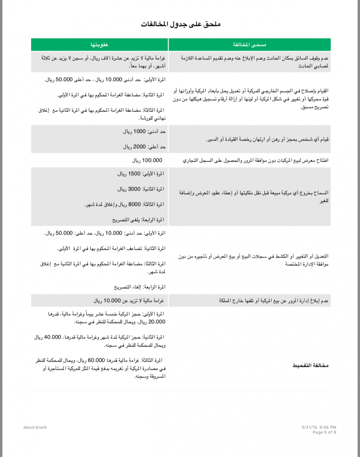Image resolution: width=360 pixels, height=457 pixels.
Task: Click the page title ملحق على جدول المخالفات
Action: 181,24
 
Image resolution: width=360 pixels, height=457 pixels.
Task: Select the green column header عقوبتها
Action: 99,45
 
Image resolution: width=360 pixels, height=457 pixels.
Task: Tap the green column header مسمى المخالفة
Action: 249,45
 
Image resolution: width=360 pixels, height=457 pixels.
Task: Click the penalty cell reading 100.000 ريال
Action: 147,160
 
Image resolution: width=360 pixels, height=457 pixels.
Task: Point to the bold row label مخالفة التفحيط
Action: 310,366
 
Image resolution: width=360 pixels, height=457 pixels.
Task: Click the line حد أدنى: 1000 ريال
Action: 144,131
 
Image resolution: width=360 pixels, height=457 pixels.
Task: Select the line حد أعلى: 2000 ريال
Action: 144,147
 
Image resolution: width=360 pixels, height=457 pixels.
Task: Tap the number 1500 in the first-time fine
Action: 134,174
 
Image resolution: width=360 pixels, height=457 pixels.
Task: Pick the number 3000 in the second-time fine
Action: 134,189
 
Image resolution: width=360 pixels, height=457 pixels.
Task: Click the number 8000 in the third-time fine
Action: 135,204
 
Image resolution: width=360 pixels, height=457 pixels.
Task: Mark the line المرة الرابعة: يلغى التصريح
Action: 138,219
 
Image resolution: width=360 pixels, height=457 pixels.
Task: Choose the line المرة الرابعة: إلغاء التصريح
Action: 140,287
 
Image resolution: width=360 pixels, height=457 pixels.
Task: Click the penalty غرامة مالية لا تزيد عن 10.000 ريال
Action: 129,301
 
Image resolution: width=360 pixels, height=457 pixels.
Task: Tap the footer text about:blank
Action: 35,427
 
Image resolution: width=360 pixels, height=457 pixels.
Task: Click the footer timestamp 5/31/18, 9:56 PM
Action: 319,427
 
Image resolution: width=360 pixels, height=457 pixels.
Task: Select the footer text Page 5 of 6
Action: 324,432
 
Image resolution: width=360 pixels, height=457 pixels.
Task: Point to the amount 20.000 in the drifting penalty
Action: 157,322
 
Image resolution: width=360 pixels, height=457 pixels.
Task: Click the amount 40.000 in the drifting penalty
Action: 53,337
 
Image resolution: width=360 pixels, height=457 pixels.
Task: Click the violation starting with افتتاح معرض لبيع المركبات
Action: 256,160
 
